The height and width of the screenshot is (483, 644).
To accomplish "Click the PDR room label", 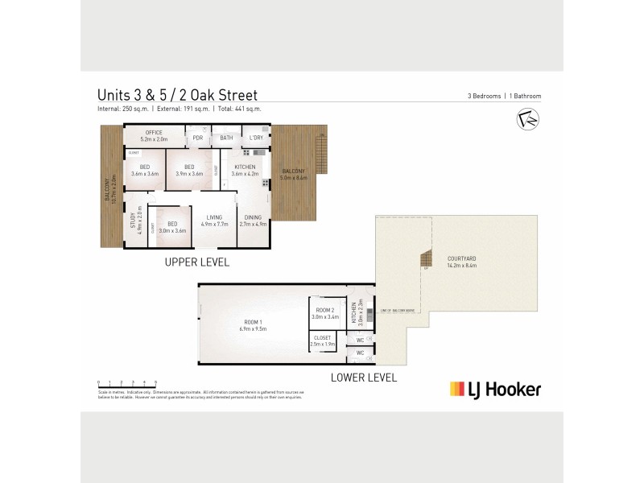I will click(x=197, y=138).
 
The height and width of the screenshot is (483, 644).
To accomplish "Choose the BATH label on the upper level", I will click(x=227, y=138).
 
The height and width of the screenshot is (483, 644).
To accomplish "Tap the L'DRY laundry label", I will click(x=256, y=138).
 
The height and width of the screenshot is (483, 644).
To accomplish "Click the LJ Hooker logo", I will click(x=495, y=390).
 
